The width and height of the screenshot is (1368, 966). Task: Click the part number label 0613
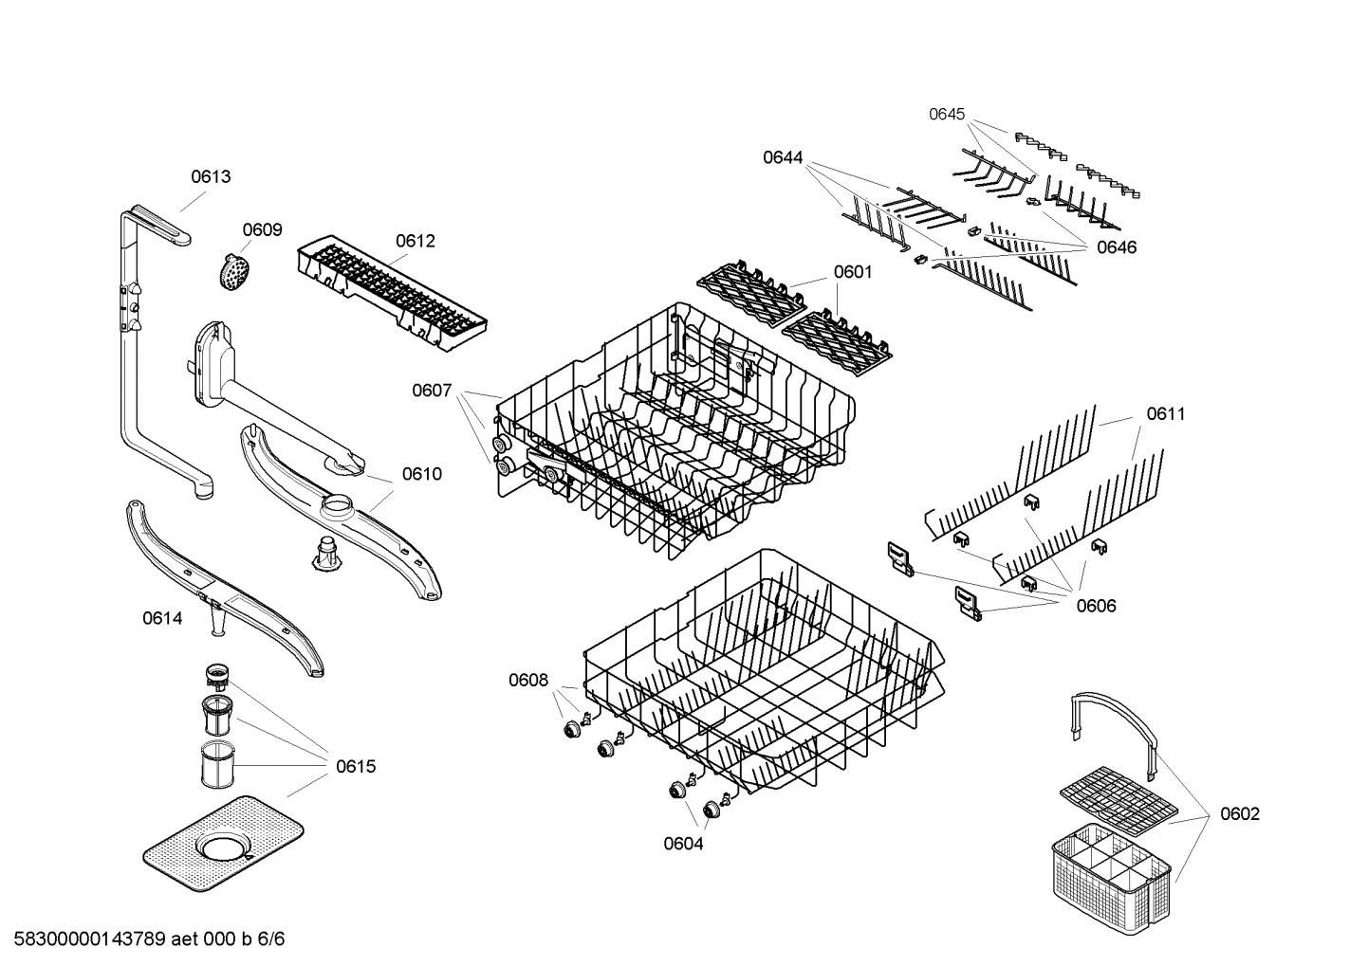(x=211, y=176)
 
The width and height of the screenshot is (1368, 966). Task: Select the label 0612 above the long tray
(x=415, y=241)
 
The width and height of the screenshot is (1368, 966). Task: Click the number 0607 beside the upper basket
(x=432, y=390)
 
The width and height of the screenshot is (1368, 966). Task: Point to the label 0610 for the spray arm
(x=421, y=474)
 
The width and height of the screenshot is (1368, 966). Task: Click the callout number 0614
(x=162, y=618)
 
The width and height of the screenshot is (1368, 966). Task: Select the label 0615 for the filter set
(x=356, y=766)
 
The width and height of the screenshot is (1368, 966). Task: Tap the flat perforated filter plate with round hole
(x=224, y=844)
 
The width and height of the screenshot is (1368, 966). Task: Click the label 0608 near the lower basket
(x=528, y=679)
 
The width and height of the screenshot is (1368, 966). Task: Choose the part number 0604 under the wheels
(x=683, y=844)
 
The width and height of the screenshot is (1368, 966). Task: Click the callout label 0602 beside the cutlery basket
(x=1240, y=813)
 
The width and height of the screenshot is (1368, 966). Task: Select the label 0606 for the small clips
(x=1096, y=606)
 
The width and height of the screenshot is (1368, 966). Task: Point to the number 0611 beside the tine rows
(x=1166, y=413)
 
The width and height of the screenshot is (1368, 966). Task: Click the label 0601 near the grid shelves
(x=853, y=272)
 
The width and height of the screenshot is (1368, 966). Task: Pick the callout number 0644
(x=783, y=157)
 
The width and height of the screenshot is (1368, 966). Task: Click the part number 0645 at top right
(x=946, y=114)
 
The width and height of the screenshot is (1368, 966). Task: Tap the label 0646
(x=1117, y=247)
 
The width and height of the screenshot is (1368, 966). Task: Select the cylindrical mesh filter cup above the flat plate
(x=217, y=766)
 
